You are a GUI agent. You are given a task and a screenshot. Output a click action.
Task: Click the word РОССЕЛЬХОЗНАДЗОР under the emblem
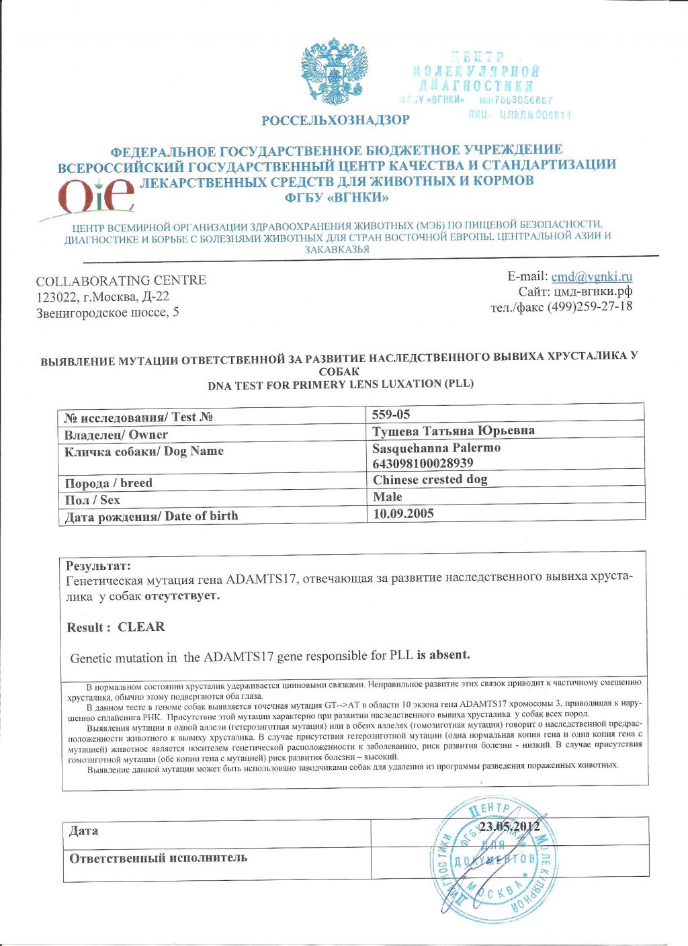(x=335, y=120)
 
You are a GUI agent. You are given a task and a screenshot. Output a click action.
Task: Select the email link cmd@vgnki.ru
(x=591, y=277)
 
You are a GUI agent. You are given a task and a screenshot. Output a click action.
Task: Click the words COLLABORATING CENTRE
(x=121, y=280)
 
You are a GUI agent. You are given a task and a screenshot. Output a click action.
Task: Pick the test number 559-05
(x=391, y=414)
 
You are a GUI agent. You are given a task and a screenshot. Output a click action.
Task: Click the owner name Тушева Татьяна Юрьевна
(x=454, y=431)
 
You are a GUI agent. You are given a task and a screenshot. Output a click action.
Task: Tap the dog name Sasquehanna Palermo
(x=436, y=447)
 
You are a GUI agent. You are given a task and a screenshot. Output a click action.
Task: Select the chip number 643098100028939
(x=423, y=463)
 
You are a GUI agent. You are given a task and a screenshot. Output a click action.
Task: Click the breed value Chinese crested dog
(x=430, y=480)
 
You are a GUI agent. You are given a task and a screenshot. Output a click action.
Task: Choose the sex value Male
(x=388, y=497)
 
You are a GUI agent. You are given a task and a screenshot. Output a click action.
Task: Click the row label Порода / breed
(x=108, y=483)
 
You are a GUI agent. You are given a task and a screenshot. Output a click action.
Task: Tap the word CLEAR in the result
(x=141, y=627)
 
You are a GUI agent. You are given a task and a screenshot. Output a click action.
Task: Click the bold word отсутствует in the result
(x=182, y=596)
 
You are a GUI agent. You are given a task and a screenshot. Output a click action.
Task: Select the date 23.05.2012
(x=509, y=826)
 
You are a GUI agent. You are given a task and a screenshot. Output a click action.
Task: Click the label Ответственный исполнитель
(x=159, y=858)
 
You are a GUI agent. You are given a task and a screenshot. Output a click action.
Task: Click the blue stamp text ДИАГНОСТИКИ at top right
(x=476, y=85)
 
